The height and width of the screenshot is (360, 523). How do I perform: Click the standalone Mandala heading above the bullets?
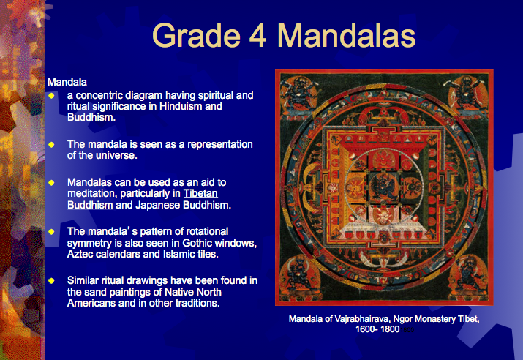(67, 82)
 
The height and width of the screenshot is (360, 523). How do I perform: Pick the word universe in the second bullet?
(116, 155)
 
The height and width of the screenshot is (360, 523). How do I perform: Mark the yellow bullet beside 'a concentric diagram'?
(51, 96)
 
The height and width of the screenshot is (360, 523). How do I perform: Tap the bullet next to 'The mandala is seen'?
(51, 145)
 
